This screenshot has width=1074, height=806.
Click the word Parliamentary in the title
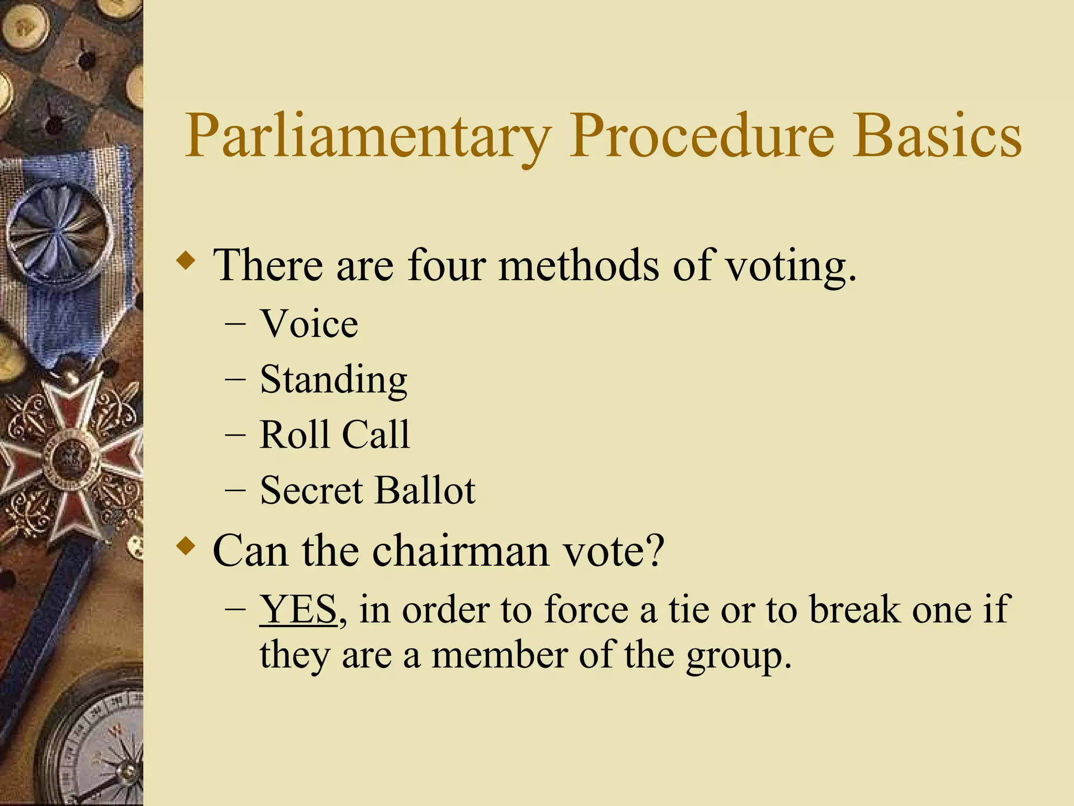[x=367, y=136]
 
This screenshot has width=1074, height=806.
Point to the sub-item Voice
[x=309, y=324]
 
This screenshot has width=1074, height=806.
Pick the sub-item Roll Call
[x=335, y=435]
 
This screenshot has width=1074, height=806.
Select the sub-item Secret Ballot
[x=367, y=491]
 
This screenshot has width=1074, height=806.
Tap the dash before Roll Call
[x=234, y=435]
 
